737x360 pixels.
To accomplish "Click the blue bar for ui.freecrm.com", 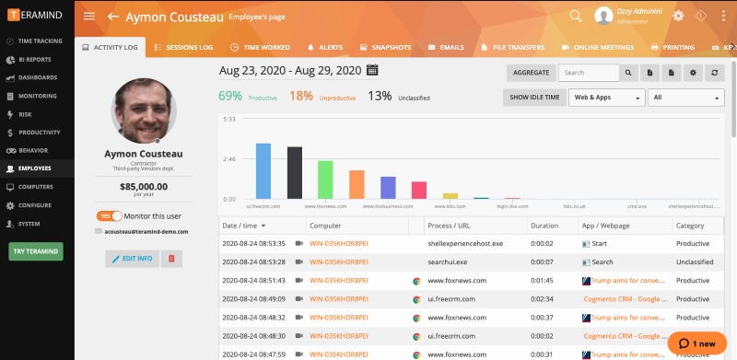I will coord(263,171).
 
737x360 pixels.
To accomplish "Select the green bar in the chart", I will coord(325,180).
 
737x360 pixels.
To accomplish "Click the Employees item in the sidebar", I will coord(34,168).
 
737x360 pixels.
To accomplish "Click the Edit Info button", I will coord(131,259).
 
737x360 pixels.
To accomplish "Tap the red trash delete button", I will coord(171,259).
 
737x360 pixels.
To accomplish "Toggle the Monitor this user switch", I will coord(110,215).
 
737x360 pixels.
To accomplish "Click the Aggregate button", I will coord(531,72).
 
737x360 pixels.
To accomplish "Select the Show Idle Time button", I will coord(534,97).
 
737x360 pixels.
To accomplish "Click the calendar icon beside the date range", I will coord(372,70).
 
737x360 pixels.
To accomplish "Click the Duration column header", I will coord(544,225).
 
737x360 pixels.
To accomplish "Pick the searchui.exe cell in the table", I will coord(448,261).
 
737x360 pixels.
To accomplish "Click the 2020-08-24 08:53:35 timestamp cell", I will coord(254,243).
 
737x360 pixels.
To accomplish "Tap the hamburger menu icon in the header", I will coord(89,17).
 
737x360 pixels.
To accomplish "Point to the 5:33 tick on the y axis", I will coord(229,119).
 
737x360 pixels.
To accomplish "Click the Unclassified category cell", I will coord(696,261).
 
